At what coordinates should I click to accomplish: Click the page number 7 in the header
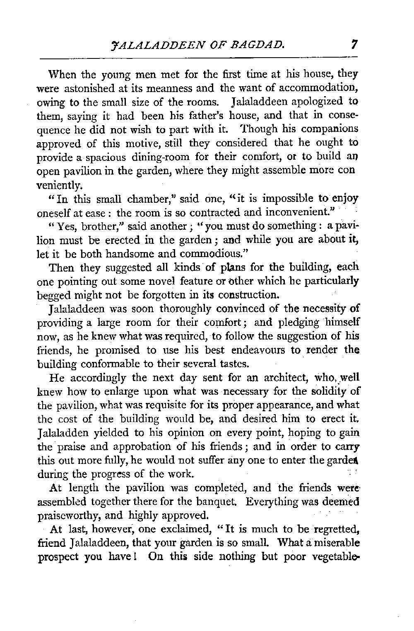(354, 43)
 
